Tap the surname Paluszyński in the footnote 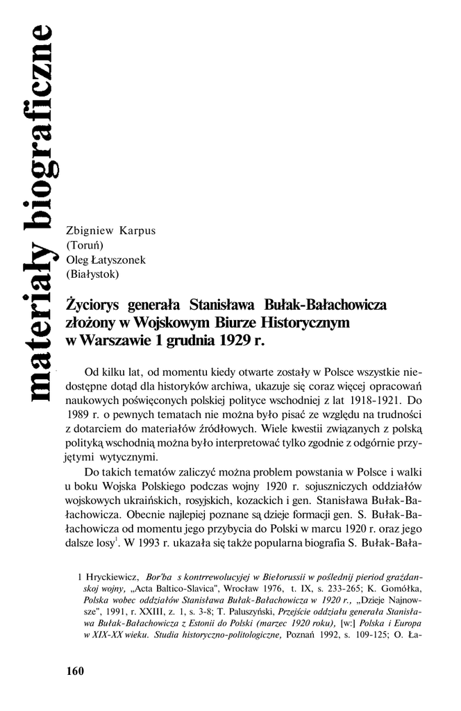pyautogui.click(x=248, y=611)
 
